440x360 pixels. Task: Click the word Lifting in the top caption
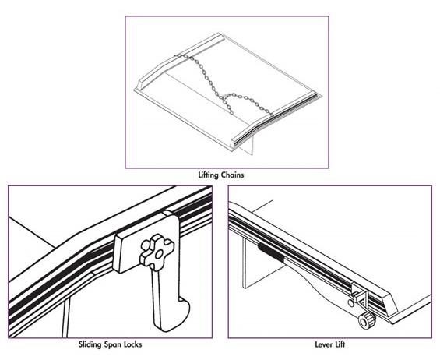[208, 175]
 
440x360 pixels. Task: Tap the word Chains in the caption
[232, 175]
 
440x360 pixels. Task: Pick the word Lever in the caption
[323, 344]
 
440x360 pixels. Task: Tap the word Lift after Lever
[340, 344]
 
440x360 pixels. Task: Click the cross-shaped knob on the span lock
[157, 252]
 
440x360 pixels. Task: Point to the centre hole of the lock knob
[159, 254]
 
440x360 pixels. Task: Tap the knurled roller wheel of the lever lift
[367, 319]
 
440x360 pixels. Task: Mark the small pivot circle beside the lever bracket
[350, 303]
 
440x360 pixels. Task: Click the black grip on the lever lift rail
[271, 252]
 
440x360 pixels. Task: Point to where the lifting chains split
[223, 97]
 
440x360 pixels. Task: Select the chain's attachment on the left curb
[178, 56]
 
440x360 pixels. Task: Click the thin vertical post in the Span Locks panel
[65, 318]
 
